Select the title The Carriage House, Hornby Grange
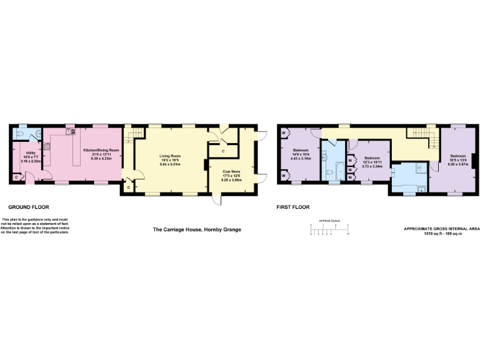click(197, 229)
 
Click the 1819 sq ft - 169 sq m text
click(441, 234)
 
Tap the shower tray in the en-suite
click(417, 167)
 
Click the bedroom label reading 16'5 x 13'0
click(457, 159)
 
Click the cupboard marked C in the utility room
click(16, 177)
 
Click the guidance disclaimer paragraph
click(35, 226)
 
